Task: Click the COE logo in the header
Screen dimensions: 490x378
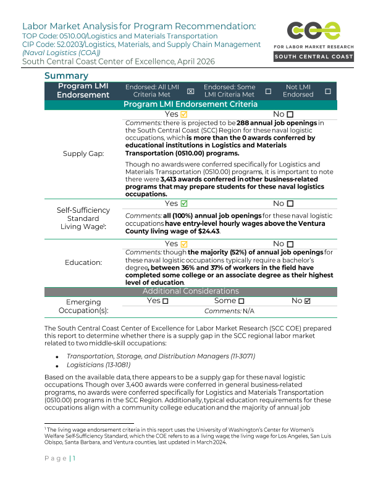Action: tap(313, 31)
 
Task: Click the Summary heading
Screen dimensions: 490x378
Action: tap(66, 76)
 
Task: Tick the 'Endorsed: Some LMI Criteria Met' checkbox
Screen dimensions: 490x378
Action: tap(268, 91)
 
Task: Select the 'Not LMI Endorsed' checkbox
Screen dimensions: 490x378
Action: tap(327, 91)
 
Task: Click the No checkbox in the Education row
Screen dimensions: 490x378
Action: tap(290, 244)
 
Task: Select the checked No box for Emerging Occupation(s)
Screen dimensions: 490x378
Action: tap(308, 301)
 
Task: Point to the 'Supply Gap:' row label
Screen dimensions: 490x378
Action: tap(83, 153)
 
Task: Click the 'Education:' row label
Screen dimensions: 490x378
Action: tap(83, 262)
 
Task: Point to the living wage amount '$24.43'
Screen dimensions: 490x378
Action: tap(208, 231)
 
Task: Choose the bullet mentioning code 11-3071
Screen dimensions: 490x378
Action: tap(161, 356)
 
